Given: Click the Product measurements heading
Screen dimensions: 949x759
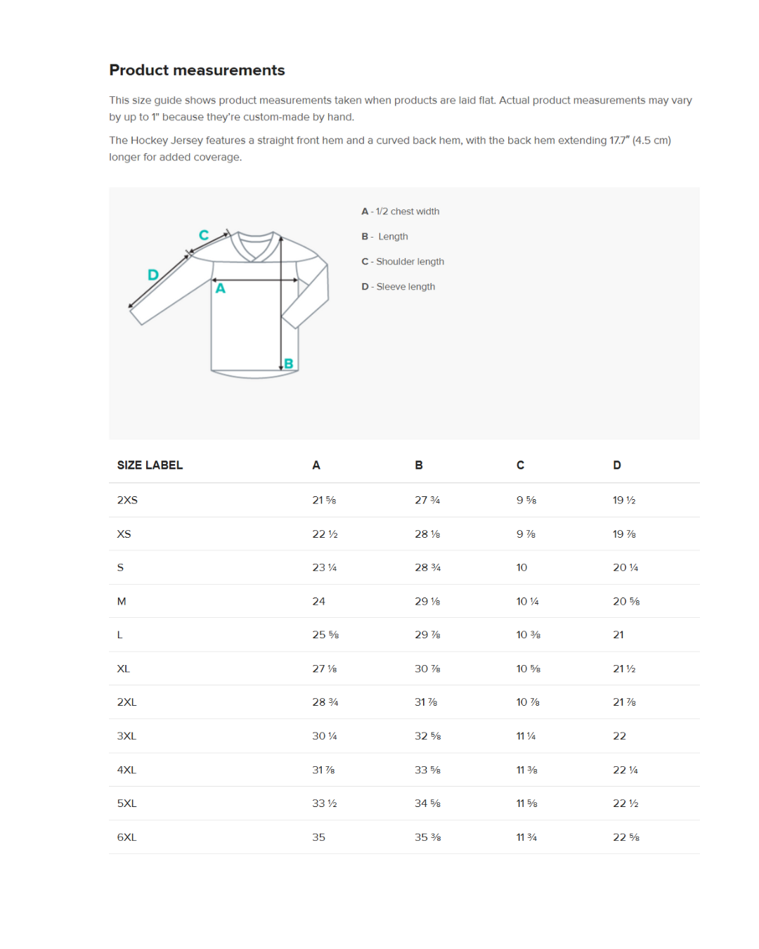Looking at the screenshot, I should pyautogui.click(x=197, y=70).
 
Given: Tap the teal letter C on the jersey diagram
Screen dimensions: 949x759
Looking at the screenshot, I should pyautogui.click(x=204, y=235).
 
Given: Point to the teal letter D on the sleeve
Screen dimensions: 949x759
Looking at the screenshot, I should pyautogui.click(x=153, y=275).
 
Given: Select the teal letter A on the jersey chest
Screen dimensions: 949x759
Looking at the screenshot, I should pyautogui.click(x=221, y=288).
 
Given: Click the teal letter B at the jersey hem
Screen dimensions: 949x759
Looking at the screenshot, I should pyautogui.click(x=288, y=363).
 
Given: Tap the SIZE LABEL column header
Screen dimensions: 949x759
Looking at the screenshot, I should pyautogui.click(x=150, y=465).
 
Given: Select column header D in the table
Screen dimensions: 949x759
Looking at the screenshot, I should pyautogui.click(x=617, y=465).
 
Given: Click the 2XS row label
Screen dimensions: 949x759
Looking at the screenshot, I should pyautogui.click(x=127, y=501).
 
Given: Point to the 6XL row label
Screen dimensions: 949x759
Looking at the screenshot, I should pyautogui.click(x=127, y=837).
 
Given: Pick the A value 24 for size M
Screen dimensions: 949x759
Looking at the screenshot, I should pyautogui.click(x=319, y=602).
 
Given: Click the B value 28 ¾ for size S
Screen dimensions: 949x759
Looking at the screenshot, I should pyautogui.click(x=427, y=568).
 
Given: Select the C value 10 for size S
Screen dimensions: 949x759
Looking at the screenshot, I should pyautogui.click(x=521, y=568).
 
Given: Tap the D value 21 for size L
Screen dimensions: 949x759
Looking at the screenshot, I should pyautogui.click(x=618, y=635).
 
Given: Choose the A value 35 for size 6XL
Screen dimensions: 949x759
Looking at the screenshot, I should pyautogui.click(x=319, y=837).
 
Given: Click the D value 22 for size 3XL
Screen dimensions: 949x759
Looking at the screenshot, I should pyautogui.click(x=619, y=736).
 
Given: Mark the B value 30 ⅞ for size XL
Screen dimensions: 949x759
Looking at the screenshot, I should pyautogui.click(x=427, y=669).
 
